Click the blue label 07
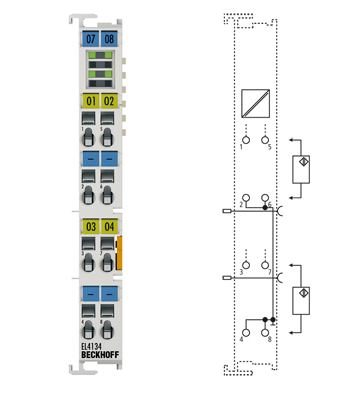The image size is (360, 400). [x=91, y=38]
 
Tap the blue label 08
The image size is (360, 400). [x=109, y=38]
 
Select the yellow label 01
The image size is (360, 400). [x=91, y=101]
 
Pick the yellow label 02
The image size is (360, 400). [x=109, y=101]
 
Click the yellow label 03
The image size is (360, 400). [x=91, y=227]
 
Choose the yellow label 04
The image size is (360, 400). [x=109, y=227]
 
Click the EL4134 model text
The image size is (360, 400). [x=93, y=349]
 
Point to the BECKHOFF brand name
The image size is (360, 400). [x=98, y=359]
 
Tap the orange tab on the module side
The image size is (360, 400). [x=120, y=253]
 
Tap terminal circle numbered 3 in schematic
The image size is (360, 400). [x=243, y=263]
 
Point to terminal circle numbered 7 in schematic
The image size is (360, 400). [x=266, y=263]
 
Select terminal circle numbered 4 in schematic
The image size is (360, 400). [x=243, y=329]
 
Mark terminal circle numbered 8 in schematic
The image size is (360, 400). [x=266, y=329]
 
